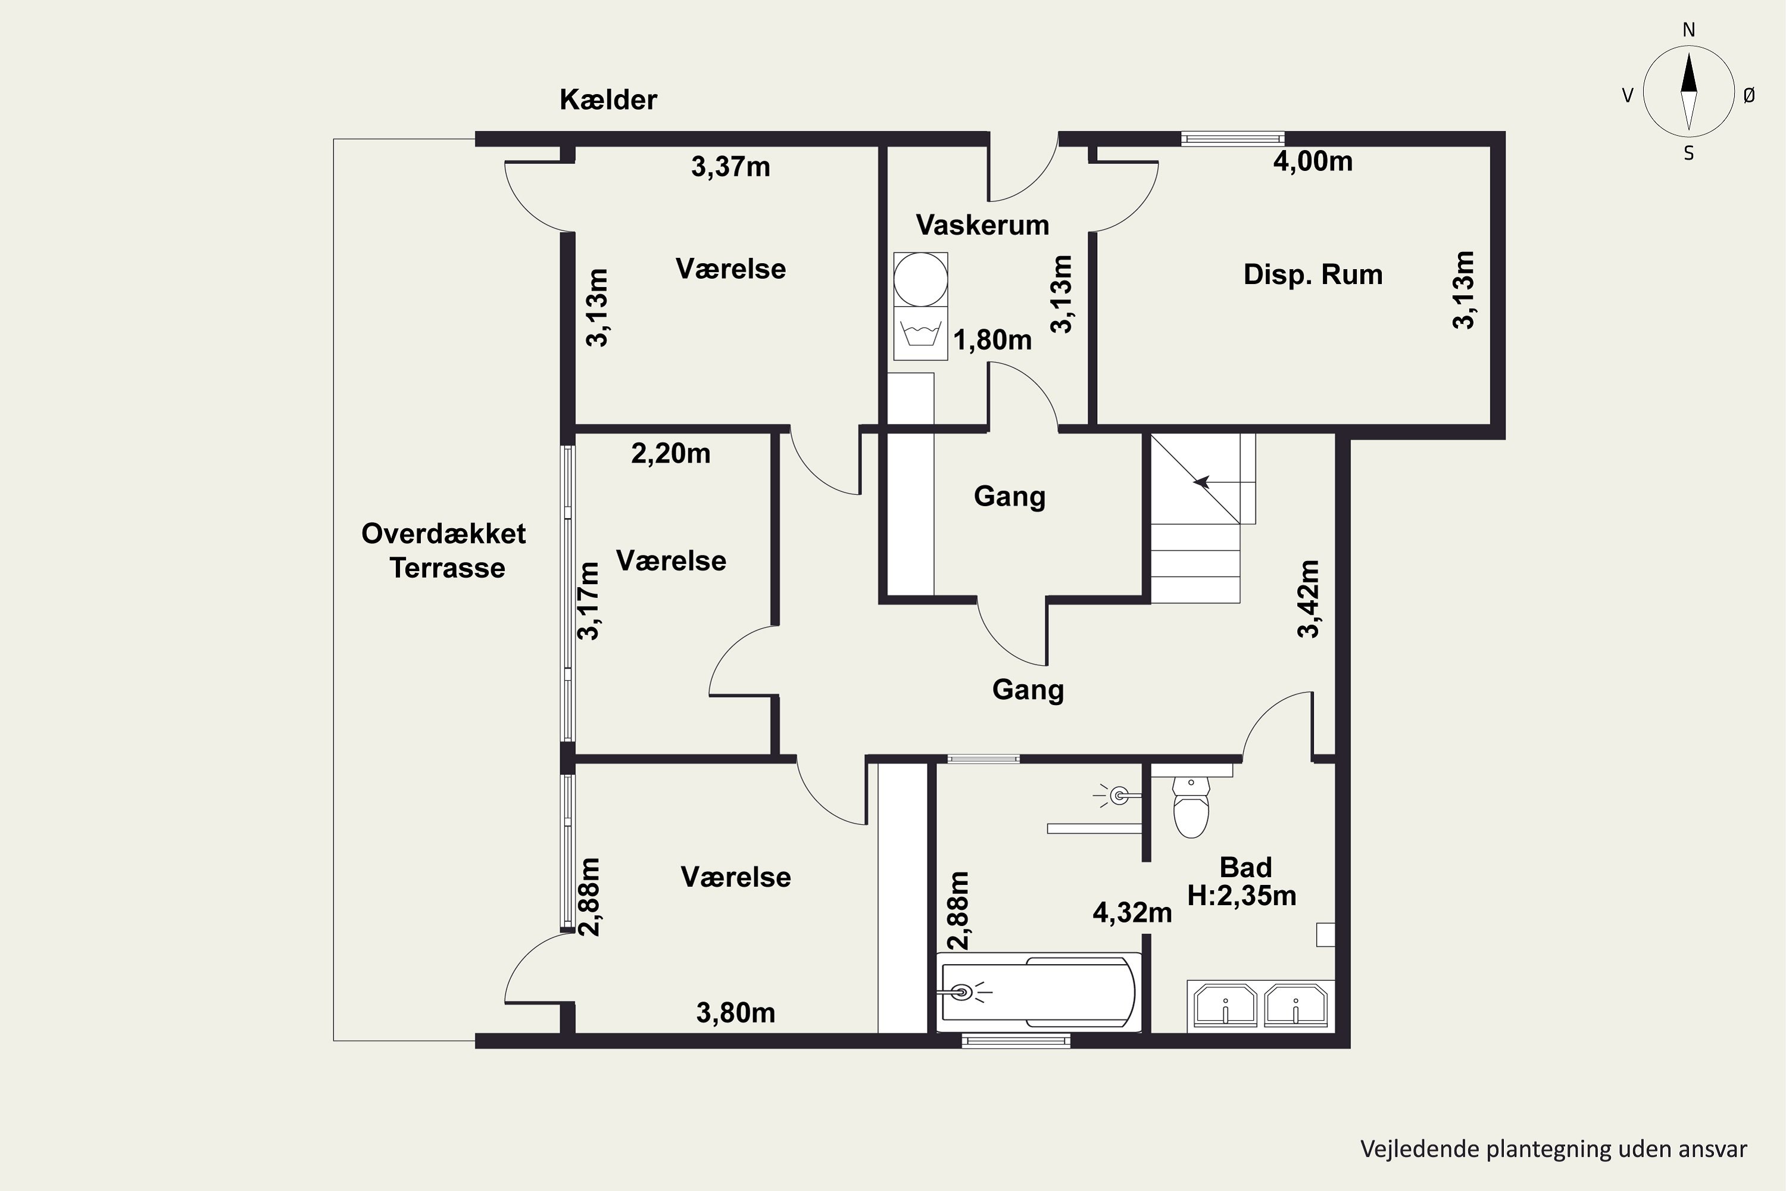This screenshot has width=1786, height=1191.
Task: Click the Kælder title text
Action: [608, 99]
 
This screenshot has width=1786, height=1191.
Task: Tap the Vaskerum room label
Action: [983, 225]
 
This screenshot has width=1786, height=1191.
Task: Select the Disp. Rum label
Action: [1313, 274]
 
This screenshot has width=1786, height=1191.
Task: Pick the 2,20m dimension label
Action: [670, 453]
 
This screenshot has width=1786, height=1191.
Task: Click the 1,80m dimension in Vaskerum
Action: [992, 340]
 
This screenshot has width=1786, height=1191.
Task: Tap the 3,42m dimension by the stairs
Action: [1309, 598]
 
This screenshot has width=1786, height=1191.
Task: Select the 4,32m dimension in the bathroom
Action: [1132, 912]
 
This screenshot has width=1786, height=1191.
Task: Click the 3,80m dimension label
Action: [736, 1012]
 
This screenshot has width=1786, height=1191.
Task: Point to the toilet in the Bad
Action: [1191, 806]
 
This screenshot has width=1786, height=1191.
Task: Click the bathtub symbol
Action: [1039, 992]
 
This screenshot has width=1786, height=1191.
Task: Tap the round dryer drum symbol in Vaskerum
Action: [920, 279]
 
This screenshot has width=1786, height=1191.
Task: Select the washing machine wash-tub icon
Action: [920, 333]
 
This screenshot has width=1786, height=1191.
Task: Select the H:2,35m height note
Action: [1241, 896]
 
